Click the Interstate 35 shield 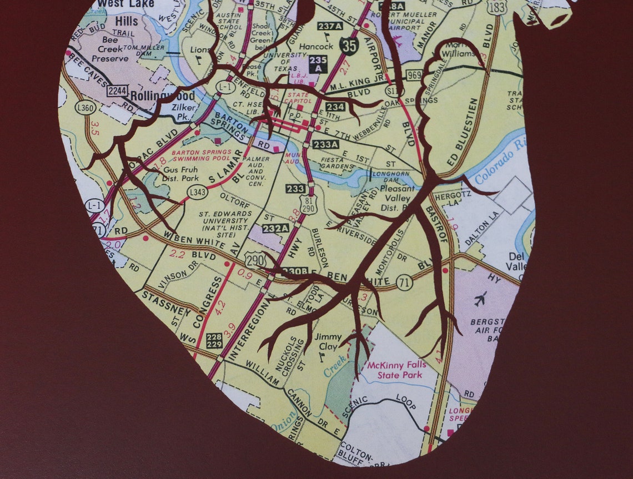click(349, 46)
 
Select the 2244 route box click(117, 90)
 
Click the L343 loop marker click(197, 192)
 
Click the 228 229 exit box click(214, 340)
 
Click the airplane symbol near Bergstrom click(481, 297)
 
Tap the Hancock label click(316, 47)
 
